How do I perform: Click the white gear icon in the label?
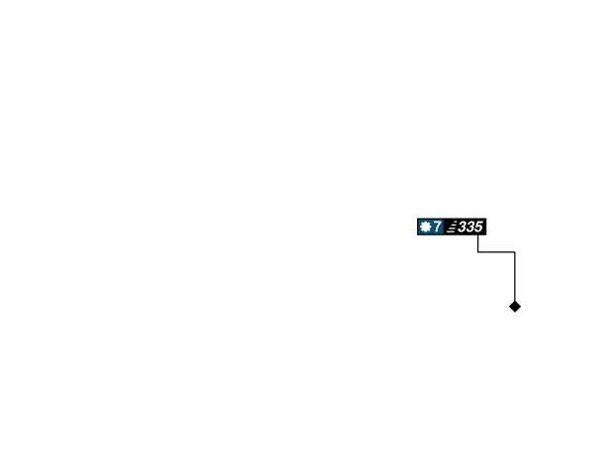(425, 227)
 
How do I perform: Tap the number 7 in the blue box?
(437, 227)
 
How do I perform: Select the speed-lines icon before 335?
(451, 228)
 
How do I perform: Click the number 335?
(469, 227)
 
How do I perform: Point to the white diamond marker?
(514, 307)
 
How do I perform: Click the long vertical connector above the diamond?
(514, 277)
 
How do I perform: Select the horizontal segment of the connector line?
(496, 252)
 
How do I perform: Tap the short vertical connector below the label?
(477, 244)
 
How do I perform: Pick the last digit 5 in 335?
(477, 227)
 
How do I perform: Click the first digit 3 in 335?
(462, 227)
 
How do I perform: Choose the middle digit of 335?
(469, 227)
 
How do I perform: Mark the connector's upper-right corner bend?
(514, 252)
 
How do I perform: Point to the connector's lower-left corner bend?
(477, 252)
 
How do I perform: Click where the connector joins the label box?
(477, 237)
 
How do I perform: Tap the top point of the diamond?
(514, 300)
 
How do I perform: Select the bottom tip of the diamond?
(514, 315)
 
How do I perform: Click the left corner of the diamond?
(507, 307)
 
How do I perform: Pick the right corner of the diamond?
(522, 307)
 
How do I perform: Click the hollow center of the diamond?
(514, 307)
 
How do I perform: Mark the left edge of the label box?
(416, 227)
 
